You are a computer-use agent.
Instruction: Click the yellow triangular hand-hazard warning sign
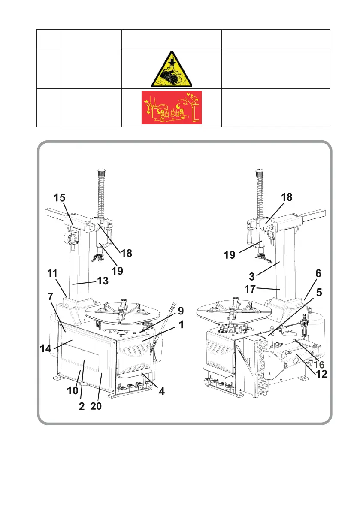click(171, 70)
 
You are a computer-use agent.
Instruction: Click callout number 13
click(102, 281)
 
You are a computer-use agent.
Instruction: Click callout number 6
click(318, 273)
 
